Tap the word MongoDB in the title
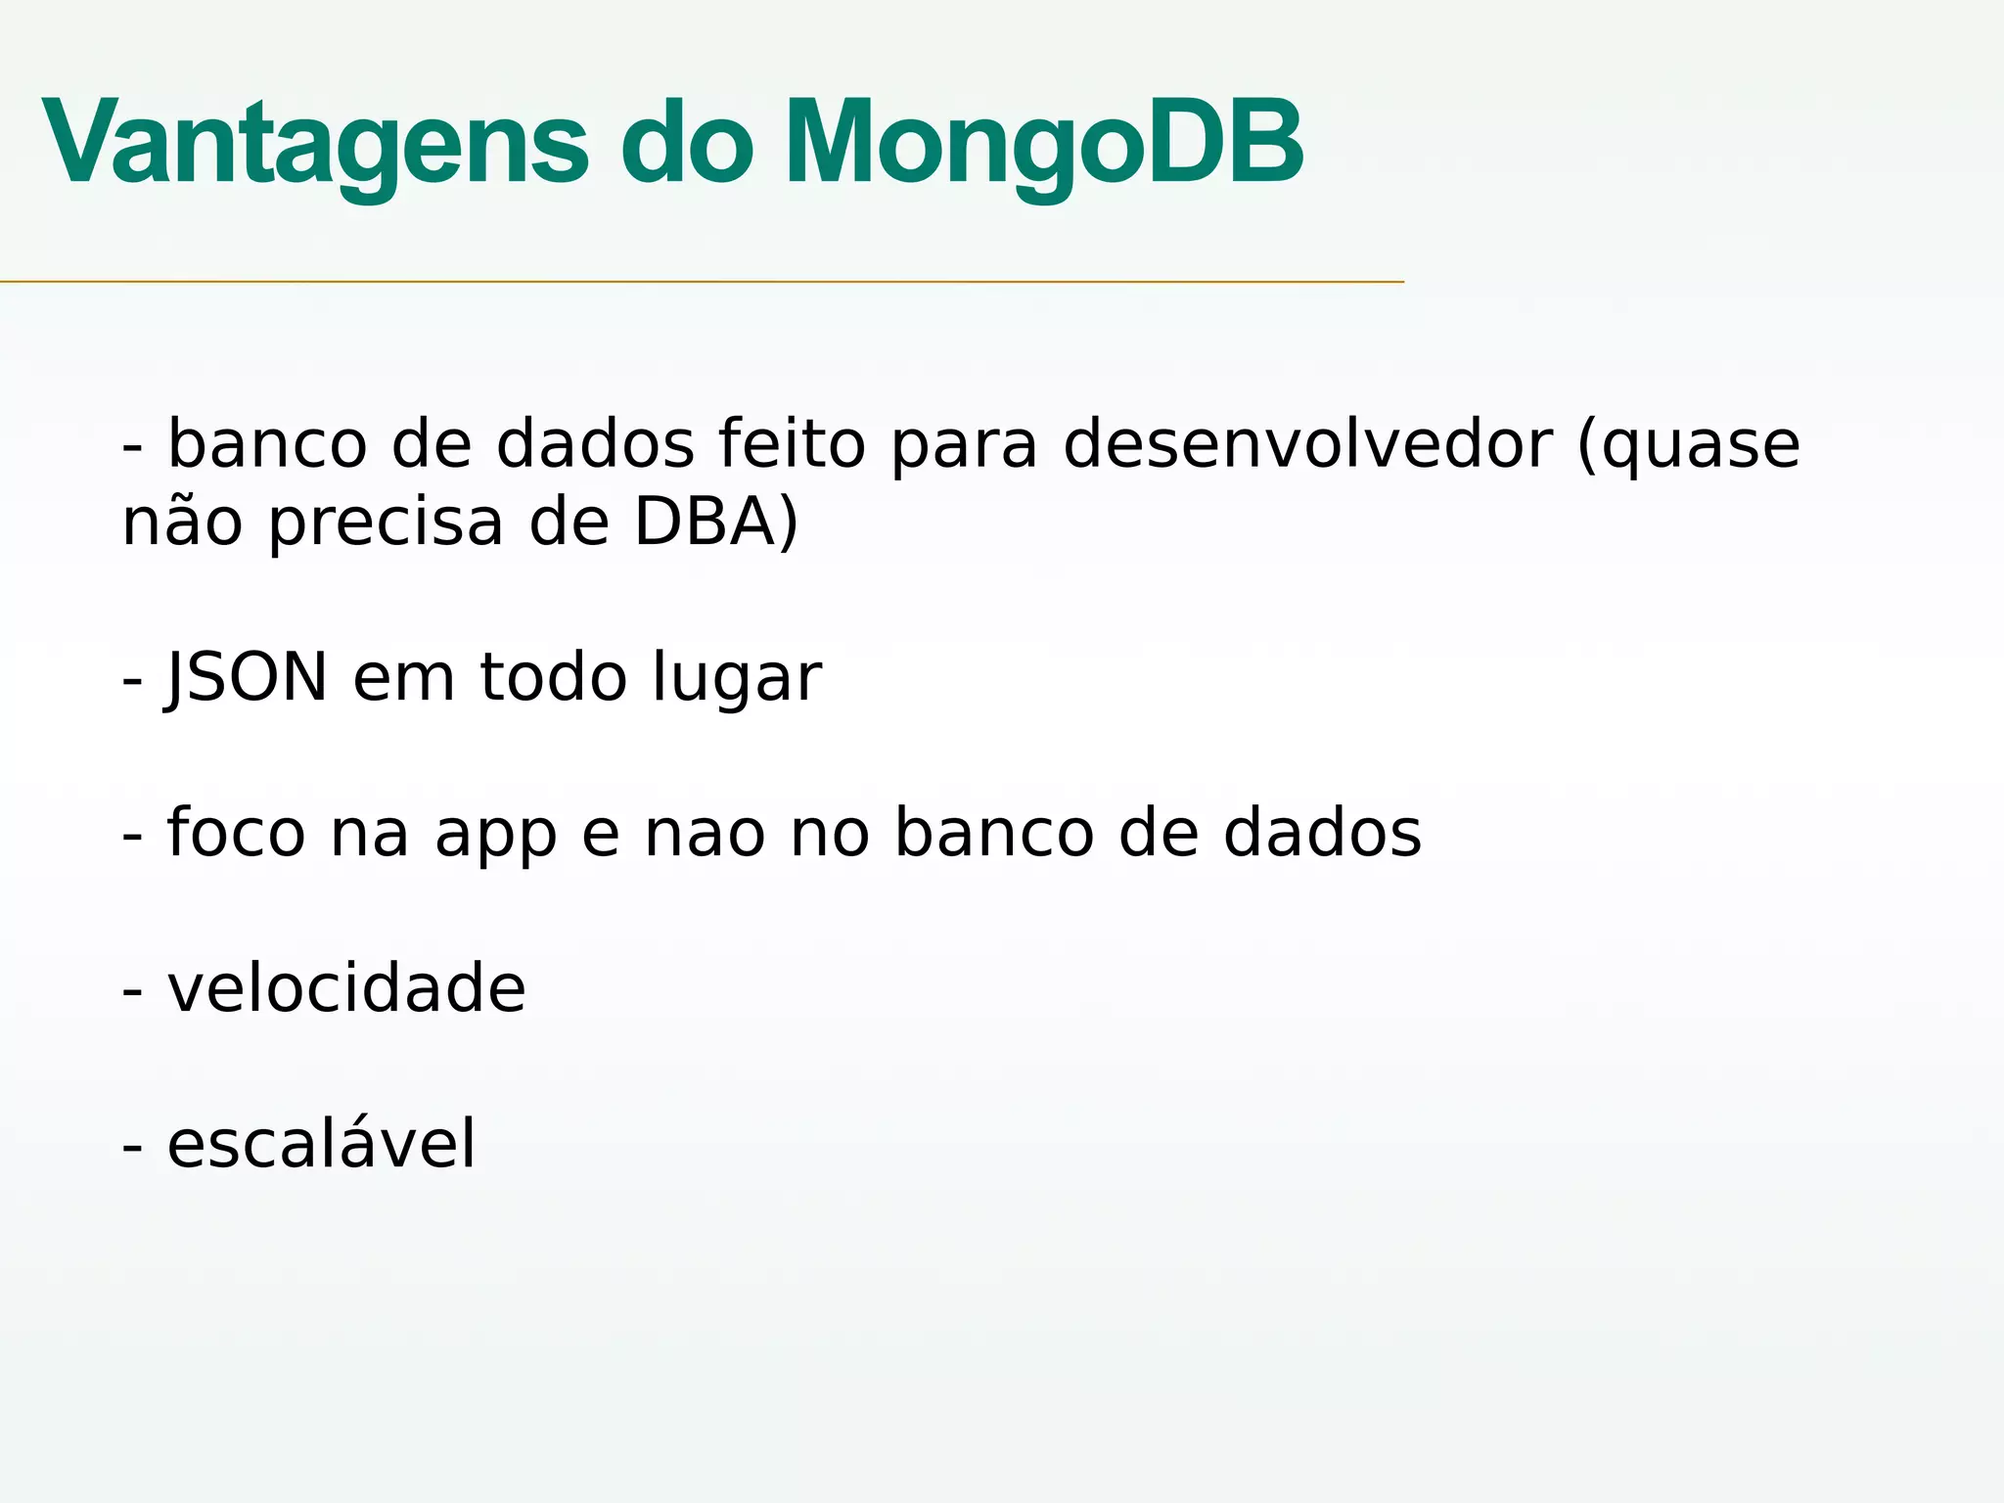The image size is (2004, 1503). tap(1043, 142)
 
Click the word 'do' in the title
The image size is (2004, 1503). tap(687, 142)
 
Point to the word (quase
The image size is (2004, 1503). tap(1689, 445)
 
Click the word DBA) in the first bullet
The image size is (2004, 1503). tap(716, 521)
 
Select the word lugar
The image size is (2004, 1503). tap(737, 679)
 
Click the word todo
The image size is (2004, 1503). tap(553, 677)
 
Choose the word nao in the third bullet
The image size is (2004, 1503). tap(705, 835)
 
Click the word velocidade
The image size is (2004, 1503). tap(346, 987)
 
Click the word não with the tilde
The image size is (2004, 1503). tap(182, 521)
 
